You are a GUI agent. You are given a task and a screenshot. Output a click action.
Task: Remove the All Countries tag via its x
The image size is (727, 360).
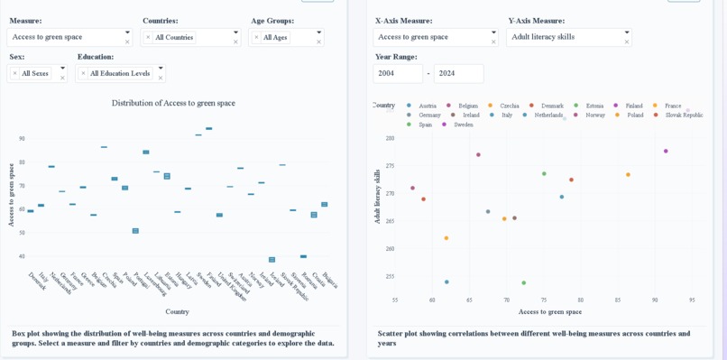149,37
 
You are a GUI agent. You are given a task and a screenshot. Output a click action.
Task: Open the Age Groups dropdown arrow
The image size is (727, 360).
318,32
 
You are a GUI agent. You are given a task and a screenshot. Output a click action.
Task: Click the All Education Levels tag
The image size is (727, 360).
119,73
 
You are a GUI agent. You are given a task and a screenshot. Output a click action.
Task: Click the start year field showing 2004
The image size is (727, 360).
397,73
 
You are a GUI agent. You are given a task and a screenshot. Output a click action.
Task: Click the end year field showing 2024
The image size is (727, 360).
458,73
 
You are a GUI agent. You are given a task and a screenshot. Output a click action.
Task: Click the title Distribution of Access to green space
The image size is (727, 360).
173,103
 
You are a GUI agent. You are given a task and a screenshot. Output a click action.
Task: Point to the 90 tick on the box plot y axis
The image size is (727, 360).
22,139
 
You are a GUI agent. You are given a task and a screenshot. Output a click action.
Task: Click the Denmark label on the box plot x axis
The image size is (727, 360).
37,281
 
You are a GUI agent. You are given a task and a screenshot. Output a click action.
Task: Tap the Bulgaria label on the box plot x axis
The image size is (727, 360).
330,281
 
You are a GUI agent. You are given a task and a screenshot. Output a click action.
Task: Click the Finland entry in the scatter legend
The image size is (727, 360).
633,106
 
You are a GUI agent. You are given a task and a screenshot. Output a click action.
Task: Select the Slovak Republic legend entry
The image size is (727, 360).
683,115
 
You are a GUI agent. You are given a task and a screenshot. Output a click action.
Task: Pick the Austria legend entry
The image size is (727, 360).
427,106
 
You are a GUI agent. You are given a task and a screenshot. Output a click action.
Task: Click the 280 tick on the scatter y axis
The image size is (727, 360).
390,138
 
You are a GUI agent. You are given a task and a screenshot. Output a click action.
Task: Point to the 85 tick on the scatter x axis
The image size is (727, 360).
618,300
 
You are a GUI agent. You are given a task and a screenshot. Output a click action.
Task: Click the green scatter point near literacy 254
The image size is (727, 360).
523,282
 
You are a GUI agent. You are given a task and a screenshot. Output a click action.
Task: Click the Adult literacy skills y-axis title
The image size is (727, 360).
377,196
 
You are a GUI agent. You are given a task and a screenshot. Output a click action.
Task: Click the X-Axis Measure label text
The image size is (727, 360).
403,21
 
